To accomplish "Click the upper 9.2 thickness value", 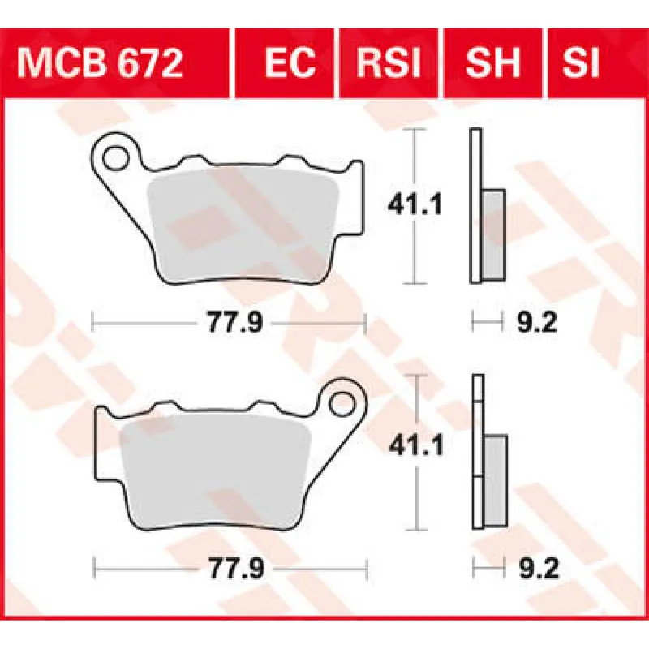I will [535, 324].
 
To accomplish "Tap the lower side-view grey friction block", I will [494, 479].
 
